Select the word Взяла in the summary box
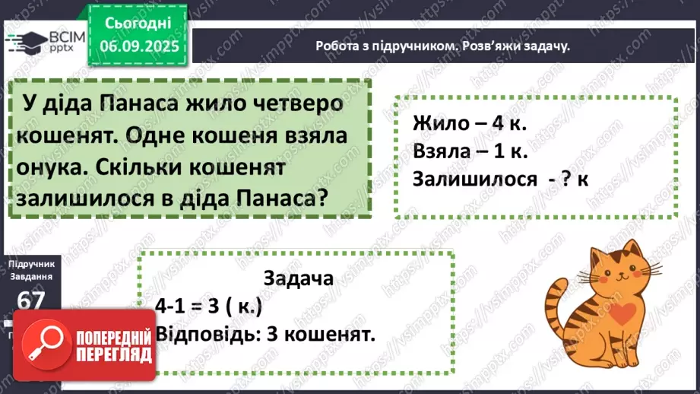(442, 151)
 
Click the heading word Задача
(298, 278)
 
